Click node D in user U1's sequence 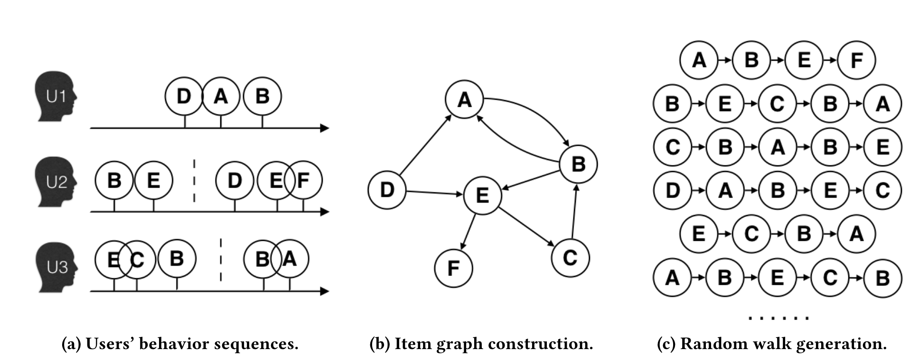[184, 96]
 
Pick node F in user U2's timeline [304, 180]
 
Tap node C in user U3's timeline [137, 259]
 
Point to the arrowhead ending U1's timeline [325, 128]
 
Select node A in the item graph [464, 99]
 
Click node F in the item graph [453, 268]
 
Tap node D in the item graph [387, 190]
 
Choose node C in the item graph [570, 257]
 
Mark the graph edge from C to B [574, 211]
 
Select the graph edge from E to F [469, 232]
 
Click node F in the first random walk [856, 60]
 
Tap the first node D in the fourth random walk [672, 190]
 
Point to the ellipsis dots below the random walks [778, 317]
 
